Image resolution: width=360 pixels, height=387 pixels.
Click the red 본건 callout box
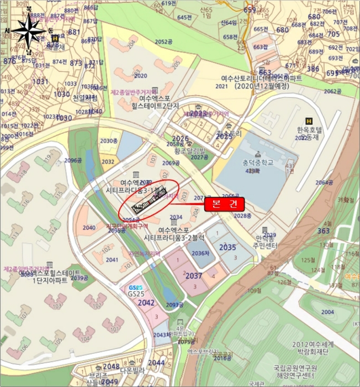[224, 203]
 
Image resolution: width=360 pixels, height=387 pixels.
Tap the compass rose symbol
[29, 31]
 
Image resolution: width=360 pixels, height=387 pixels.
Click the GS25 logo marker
[136, 288]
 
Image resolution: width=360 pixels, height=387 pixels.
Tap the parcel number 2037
[194, 275]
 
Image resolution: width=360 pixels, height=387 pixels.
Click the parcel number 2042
[146, 302]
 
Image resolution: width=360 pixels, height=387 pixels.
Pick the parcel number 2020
[141, 76]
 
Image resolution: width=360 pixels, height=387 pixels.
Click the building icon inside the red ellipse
[149, 201]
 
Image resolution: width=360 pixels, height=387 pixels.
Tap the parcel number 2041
[112, 259]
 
